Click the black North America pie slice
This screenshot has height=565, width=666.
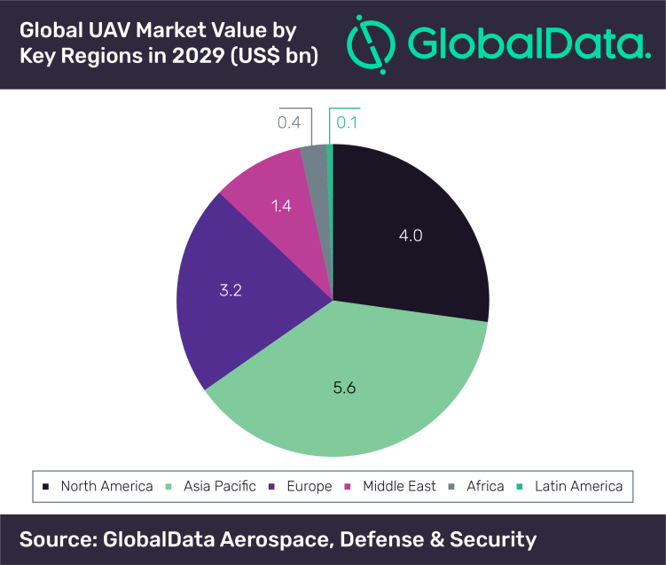pos(408,238)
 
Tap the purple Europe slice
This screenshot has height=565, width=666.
pos(238,293)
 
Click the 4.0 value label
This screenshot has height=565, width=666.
pos(411,235)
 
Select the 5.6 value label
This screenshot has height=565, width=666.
pos(344,388)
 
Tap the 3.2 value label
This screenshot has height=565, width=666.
pos(231,290)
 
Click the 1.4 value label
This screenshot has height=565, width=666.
pos(281,206)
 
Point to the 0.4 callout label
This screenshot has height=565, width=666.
pos(289,122)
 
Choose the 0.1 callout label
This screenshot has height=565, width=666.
pos(347,122)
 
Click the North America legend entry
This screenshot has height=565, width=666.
pos(98,486)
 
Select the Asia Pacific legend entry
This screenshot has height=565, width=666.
pos(211,486)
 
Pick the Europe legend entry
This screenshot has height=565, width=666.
pos(301,486)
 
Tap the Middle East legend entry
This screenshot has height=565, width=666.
pos(390,486)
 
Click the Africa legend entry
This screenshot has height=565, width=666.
pos(476,486)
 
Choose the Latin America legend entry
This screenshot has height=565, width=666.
pos(569,486)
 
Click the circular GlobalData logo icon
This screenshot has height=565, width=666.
pos(371,44)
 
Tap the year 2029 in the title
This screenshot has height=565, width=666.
pos(198,56)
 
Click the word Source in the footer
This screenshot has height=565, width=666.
pos(59,539)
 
